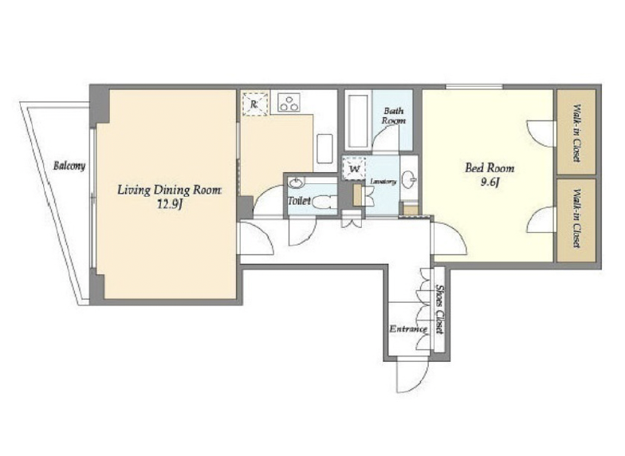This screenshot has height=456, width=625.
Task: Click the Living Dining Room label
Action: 169,190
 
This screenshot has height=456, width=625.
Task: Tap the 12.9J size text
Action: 170,206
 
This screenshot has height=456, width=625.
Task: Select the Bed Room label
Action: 489,168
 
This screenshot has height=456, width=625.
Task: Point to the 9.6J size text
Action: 490,182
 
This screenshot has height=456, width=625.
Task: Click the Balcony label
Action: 69,166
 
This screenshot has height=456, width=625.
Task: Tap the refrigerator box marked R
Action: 255,104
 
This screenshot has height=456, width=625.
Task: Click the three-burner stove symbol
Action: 289,102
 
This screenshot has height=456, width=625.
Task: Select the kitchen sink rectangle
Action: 324,148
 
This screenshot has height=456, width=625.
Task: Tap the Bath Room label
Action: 394,116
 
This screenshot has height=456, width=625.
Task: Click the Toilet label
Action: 300,201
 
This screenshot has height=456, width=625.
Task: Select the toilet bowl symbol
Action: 324,202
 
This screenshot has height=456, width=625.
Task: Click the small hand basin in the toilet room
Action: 296,183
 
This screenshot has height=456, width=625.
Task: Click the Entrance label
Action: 408,329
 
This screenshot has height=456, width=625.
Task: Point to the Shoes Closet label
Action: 440,309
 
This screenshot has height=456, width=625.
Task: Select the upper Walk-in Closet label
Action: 577,132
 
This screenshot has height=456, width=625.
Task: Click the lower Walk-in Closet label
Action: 577,218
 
